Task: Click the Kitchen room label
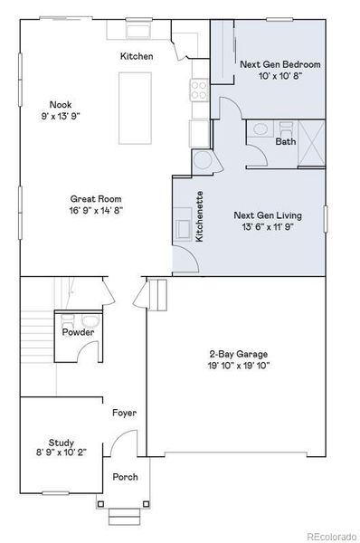point(137,56)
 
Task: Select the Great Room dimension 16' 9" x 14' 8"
point(96,210)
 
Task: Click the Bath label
point(285,141)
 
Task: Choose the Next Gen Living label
point(266,215)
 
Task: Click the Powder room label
point(78,333)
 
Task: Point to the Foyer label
point(124,413)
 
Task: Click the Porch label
point(125,476)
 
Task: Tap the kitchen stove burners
point(197,90)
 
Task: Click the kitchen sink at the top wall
point(138,32)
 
